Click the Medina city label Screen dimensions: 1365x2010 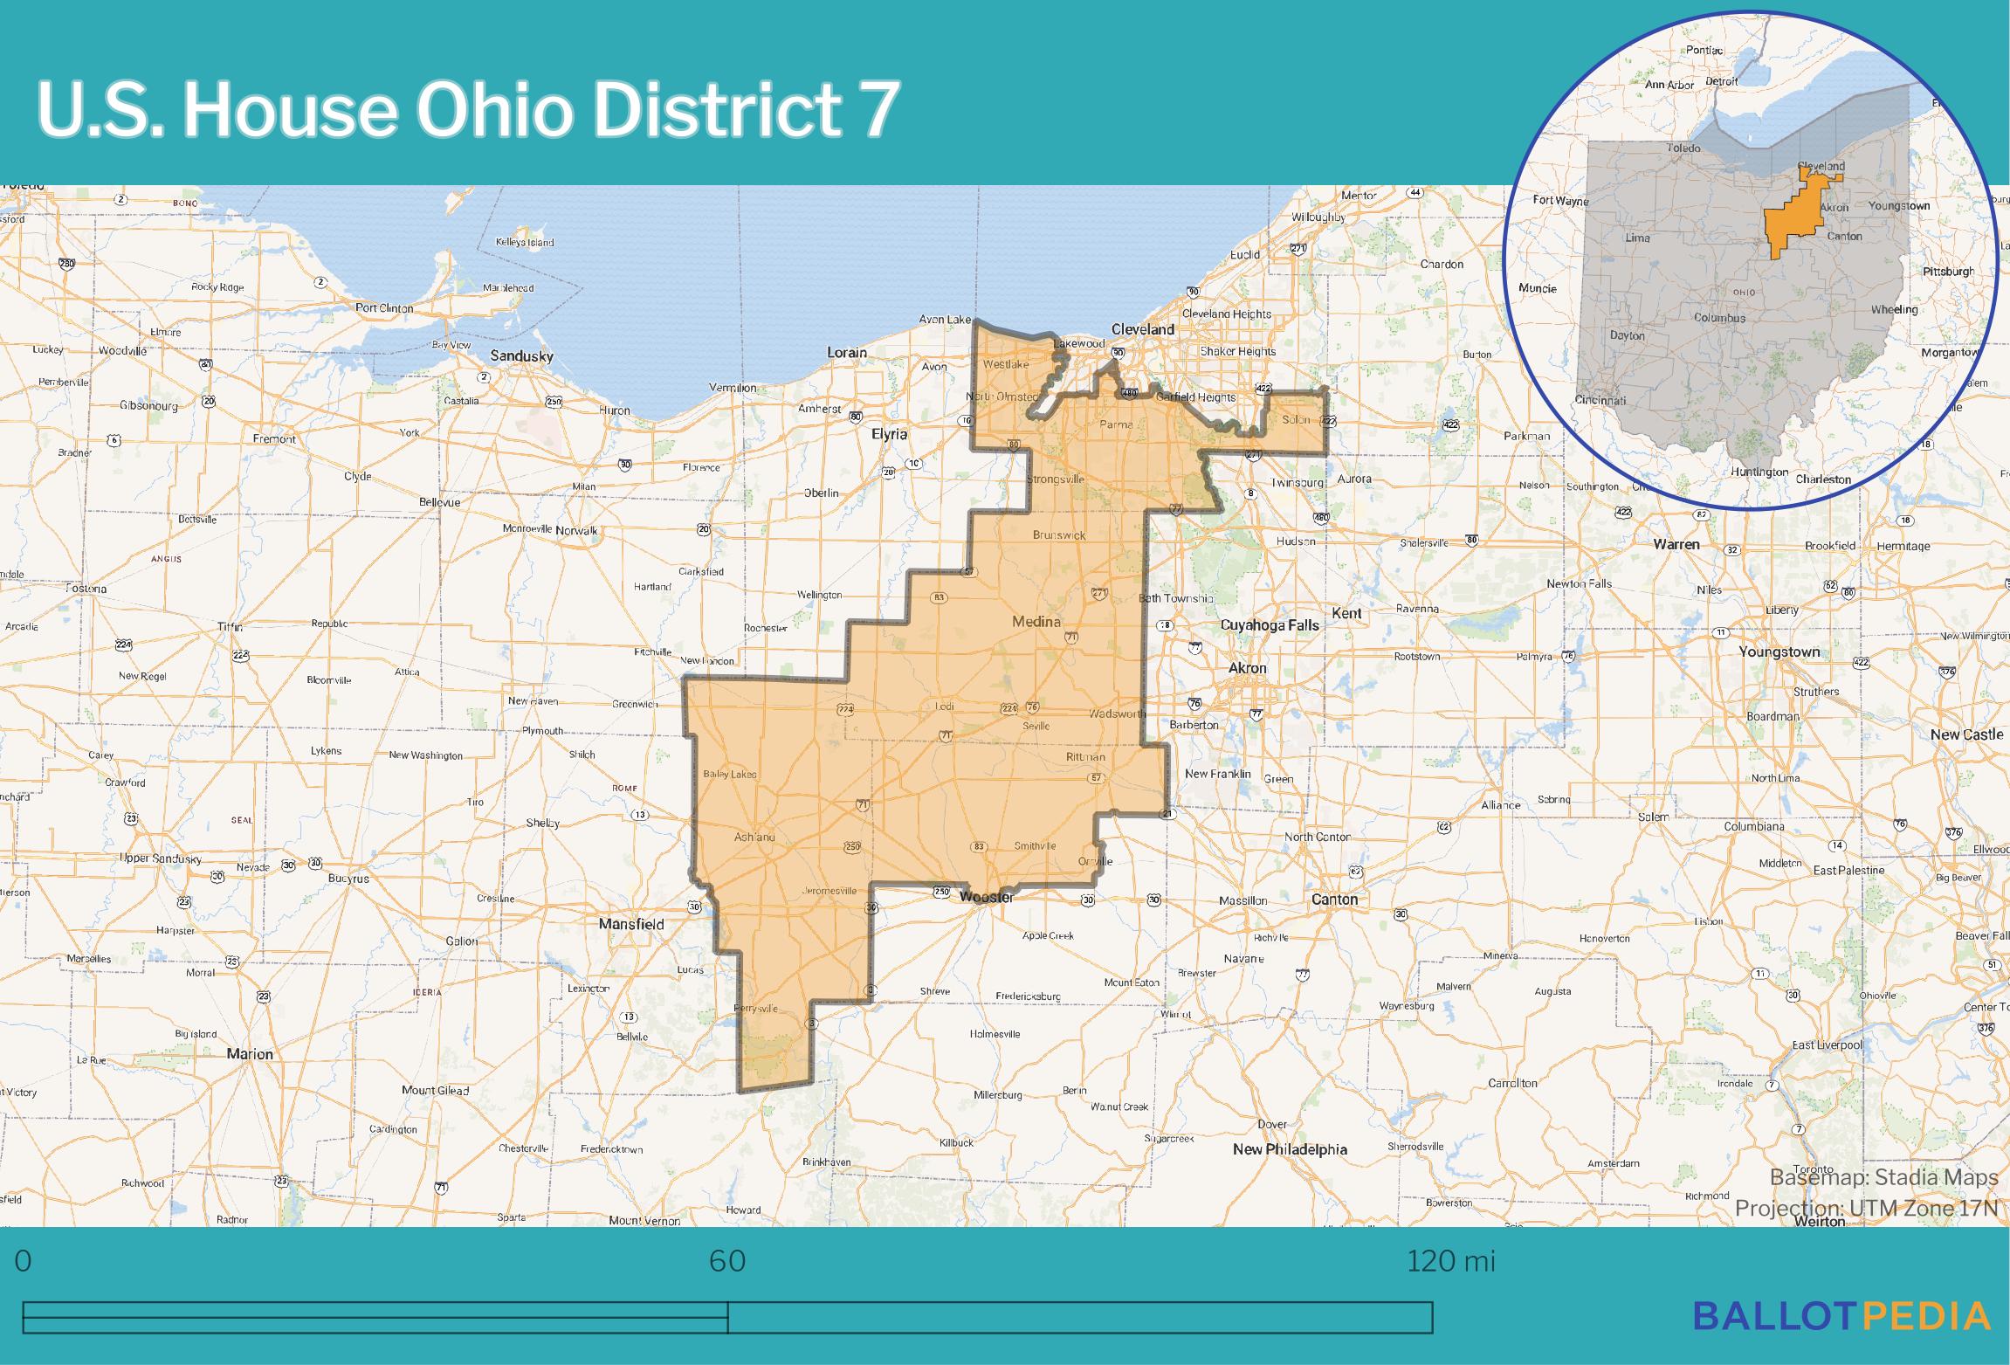click(x=1036, y=622)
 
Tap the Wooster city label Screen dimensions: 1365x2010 click(x=987, y=897)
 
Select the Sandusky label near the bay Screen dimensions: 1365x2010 click(x=521, y=355)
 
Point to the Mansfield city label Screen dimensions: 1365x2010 click(x=630, y=924)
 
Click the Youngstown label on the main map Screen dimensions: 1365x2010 click(x=1779, y=651)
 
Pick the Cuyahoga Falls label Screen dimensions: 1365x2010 click(x=1269, y=625)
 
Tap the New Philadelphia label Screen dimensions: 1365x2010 click(x=1290, y=1149)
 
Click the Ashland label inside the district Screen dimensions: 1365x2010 click(x=754, y=837)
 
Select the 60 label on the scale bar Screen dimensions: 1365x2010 click(x=726, y=1261)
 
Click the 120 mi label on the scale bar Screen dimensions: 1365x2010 click(x=1450, y=1261)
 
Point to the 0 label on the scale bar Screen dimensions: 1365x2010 click(x=23, y=1261)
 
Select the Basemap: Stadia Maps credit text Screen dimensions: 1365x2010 click(x=1883, y=1178)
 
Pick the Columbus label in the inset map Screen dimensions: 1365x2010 click(x=1719, y=318)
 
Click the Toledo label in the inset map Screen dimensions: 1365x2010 click(x=1683, y=148)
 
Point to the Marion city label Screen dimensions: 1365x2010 click(x=250, y=1054)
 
